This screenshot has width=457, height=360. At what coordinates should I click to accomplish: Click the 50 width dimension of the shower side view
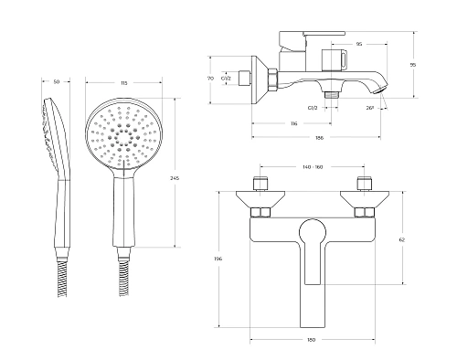pos(57,81)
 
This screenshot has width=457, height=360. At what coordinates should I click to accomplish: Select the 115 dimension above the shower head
pos(123,82)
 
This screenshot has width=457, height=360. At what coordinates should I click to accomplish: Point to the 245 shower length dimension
pos(175,178)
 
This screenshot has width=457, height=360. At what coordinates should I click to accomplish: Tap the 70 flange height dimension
pos(210,79)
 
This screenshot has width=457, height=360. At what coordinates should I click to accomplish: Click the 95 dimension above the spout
pos(359,44)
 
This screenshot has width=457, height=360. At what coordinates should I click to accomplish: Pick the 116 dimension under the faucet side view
pos(293,123)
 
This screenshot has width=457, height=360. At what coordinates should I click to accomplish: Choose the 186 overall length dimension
pos(319,138)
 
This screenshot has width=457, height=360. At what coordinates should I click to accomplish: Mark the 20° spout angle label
pos(370,108)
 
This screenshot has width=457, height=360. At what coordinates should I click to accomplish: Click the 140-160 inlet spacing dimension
pos(313,167)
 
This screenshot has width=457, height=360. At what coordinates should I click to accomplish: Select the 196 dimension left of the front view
pos(218,259)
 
